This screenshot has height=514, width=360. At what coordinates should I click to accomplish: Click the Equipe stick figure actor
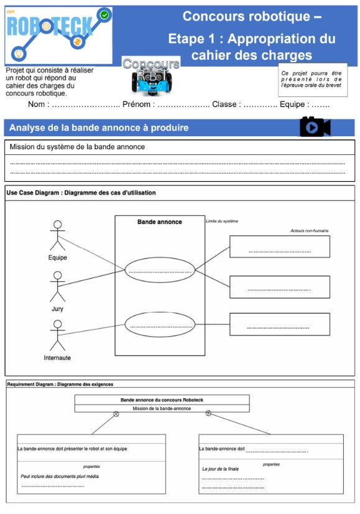tap(57, 236)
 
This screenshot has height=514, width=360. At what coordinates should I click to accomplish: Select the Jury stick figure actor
tap(57, 287)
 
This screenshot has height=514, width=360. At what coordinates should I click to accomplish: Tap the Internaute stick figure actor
tap(57, 336)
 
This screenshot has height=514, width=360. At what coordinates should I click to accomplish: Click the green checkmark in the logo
tap(104, 14)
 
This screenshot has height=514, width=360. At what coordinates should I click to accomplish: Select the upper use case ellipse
tap(160, 269)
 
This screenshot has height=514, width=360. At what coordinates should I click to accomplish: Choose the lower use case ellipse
tap(160, 324)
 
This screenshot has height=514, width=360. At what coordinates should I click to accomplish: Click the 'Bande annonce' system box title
tap(160, 222)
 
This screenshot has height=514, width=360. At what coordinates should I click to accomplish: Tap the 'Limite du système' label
tap(221, 221)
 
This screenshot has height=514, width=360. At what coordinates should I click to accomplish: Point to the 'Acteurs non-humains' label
tap(309, 231)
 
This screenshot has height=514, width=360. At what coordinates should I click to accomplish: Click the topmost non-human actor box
tap(279, 246)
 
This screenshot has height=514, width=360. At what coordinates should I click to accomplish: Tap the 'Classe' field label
tap(224, 104)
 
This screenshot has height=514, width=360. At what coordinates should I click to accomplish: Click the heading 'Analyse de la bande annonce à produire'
tap(99, 128)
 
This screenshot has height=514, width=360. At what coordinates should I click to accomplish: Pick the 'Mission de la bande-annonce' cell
tap(162, 408)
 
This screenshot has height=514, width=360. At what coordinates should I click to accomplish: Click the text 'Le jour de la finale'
tap(220, 469)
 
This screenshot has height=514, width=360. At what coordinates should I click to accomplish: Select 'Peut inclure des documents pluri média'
tap(59, 476)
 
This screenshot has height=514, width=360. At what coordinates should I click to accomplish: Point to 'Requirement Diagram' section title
tap(31, 385)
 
